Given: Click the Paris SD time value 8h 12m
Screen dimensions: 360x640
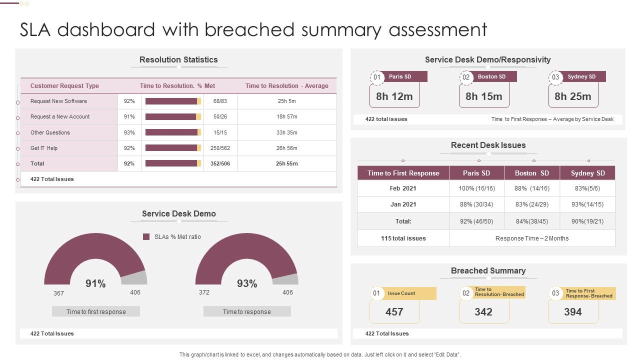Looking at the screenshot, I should tap(394, 96).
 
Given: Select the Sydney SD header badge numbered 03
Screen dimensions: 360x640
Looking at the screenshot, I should tap(555, 77).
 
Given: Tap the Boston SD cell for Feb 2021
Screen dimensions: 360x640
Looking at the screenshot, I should tap(531, 188).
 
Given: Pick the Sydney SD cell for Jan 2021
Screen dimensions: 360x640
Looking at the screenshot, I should tap(587, 204).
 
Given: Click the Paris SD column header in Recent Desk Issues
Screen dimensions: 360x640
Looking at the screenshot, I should tap(476, 173).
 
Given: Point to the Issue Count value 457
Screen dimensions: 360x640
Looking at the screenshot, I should tap(394, 311).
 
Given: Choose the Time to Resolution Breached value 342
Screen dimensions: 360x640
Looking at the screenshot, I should tap(483, 311).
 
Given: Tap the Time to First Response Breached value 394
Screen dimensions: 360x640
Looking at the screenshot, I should tap(572, 311).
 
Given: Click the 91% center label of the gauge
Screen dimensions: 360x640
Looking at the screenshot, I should tap(95, 283).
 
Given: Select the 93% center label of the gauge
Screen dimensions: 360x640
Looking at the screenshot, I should tap(247, 283).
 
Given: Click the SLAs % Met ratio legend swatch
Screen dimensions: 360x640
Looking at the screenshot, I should tap(146, 236).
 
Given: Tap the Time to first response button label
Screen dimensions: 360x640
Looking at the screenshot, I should tap(96, 311).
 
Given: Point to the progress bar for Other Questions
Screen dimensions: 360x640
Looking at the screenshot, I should tap(173, 132).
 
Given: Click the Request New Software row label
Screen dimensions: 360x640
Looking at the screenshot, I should tap(58, 101).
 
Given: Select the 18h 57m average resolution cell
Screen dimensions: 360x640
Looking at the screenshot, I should tap(286, 116).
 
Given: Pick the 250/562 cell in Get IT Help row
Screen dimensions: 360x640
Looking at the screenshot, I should tap(220, 148).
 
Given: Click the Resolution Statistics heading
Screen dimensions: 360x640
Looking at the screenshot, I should tap(178, 59).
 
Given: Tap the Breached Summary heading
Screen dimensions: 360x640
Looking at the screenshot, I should tap(488, 270).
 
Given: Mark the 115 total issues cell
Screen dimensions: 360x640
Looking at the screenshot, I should tap(403, 238).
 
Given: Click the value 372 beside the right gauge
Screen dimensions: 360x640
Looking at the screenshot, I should tap(204, 292).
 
